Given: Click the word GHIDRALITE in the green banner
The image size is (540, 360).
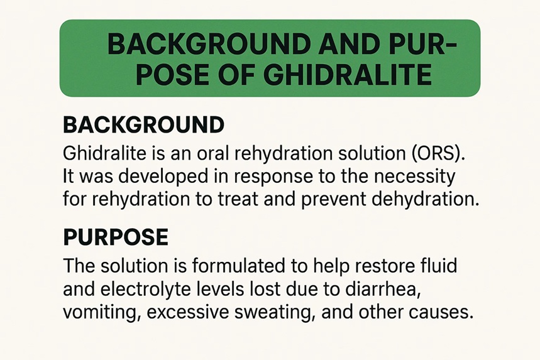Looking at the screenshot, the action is coord(350,74).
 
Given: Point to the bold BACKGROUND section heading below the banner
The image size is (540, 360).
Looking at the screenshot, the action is coord(143,124).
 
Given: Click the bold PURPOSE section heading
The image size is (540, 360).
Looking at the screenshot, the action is coord(116,237).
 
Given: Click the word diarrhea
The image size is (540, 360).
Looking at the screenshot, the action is coord(383,290).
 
